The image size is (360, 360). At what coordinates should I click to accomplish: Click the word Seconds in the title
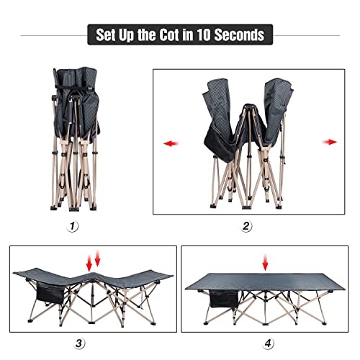click(239, 35)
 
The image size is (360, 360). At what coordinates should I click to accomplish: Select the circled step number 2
click(247, 225)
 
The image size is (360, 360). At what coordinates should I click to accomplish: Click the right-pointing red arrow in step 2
click(330, 142)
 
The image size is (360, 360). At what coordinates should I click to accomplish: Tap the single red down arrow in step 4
click(267, 261)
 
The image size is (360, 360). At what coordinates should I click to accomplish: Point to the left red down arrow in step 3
click(89, 262)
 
